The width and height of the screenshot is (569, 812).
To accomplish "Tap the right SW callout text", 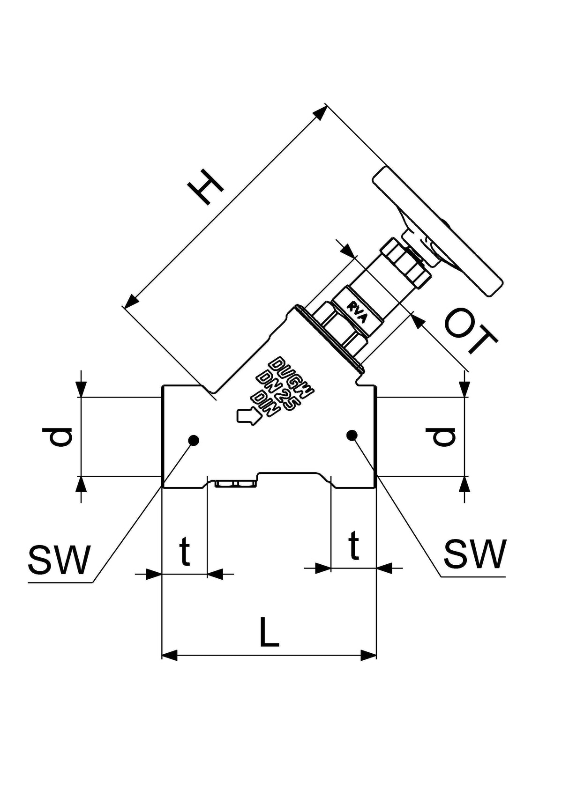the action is click(475, 554).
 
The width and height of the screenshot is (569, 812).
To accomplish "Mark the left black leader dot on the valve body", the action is click(194, 440).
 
